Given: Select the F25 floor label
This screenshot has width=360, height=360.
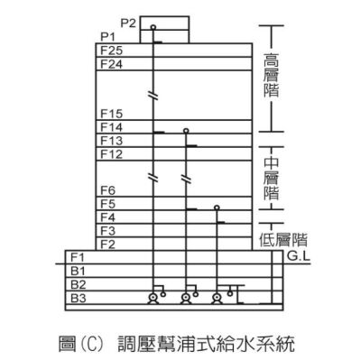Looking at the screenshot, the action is (x=113, y=51).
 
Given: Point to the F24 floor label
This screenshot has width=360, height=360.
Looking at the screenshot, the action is (x=113, y=65).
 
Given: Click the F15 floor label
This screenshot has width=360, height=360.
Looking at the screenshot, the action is (x=113, y=114).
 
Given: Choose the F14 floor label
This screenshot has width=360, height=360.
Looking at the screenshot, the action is (x=113, y=127).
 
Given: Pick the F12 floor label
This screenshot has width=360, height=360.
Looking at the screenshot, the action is (x=113, y=154).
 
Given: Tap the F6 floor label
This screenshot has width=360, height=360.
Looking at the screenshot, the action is (x=109, y=190).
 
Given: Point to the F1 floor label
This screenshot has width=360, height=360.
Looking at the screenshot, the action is (x=78, y=257).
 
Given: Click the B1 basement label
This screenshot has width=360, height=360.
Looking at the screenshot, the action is (x=78, y=271).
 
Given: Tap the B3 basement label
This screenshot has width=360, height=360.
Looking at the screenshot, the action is (x=78, y=298).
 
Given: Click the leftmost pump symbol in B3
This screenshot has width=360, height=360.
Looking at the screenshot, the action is (x=154, y=298).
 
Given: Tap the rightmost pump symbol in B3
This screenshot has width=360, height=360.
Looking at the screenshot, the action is (x=217, y=298).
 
